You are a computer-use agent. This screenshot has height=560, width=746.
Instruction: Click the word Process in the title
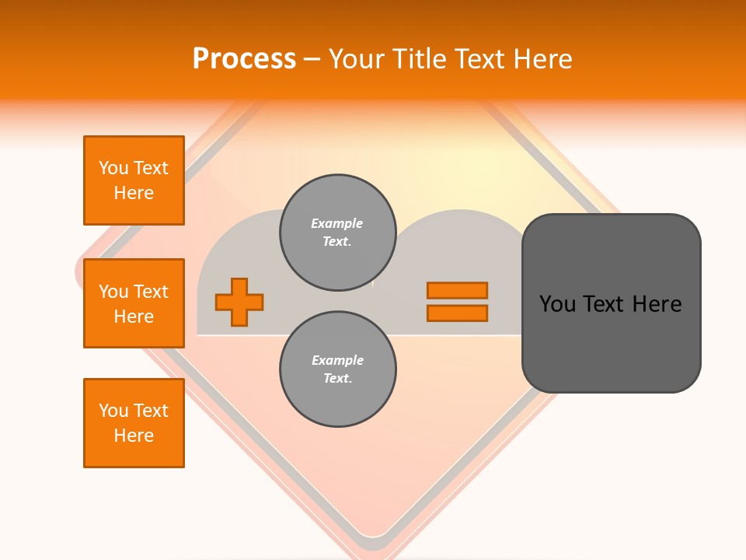click(x=244, y=59)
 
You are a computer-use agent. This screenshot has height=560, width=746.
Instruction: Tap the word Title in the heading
click(x=418, y=59)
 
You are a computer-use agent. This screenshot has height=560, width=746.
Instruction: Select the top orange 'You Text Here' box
click(x=134, y=180)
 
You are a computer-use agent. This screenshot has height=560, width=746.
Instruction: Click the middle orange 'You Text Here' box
click(x=134, y=303)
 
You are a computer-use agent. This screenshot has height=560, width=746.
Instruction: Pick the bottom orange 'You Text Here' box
click(x=134, y=423)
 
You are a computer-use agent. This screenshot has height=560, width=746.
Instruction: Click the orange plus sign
click(x=239, y=302)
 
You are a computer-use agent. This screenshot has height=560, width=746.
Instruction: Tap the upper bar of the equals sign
click(x=457, y=290)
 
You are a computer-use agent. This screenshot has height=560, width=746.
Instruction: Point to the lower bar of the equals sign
click(x=457, y=313)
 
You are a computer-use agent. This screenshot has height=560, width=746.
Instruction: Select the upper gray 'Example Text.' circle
click(x=337, y=233)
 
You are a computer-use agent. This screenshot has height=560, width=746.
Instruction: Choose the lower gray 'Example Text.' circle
click(x=337, y=369)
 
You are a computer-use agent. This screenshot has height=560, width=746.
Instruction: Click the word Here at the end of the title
click(x=542, y=59)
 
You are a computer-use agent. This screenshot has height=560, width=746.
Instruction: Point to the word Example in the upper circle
click(x=337, y=223)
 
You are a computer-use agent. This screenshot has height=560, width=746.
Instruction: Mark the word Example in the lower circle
click(x=337, y=360)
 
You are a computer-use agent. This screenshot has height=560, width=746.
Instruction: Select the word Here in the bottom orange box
click(x=134, y=436)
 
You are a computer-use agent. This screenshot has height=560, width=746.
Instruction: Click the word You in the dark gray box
click(x=557, y=304)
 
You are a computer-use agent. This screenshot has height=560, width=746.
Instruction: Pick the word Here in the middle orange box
click(x=134, y=317)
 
